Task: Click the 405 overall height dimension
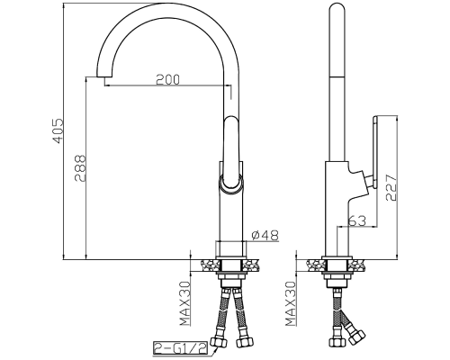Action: click(58, 130)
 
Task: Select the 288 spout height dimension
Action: click(80, 168)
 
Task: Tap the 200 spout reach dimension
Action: click(167, 79)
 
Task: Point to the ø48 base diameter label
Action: click(265, 235)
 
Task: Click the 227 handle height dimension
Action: click(391, 187)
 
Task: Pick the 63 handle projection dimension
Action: click(357, 220)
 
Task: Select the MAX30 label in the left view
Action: click(185, 303)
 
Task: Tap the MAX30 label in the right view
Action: click(291, 303)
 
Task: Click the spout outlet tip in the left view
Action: click(104, 76)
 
